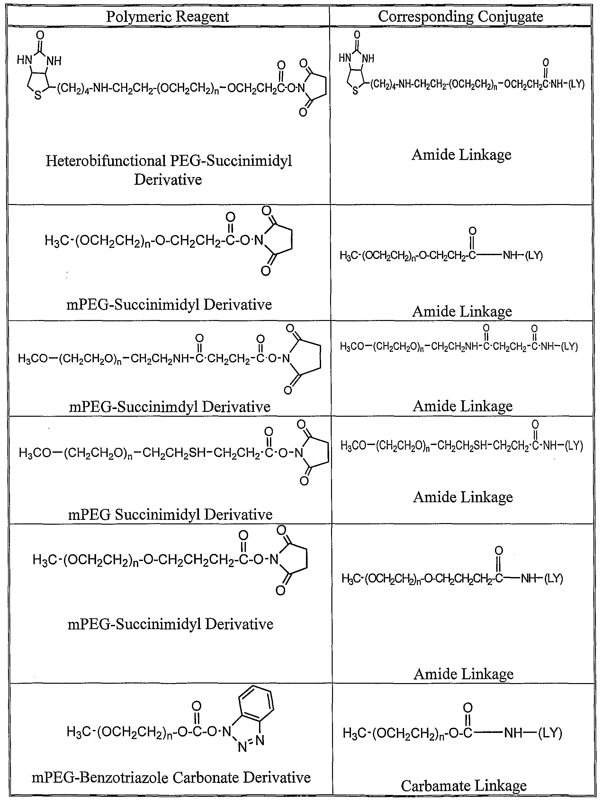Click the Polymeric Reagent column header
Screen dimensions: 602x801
click(x=167, y=17)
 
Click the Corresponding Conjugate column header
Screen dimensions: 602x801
click(x=460, y=17)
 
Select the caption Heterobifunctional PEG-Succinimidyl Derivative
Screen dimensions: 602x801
click(x=168, y=170)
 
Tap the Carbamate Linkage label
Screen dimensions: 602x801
click(x=464, y=786)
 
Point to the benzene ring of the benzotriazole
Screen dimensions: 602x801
click(x=256, y=705)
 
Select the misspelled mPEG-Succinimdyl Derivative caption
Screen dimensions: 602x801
click(x=169, y=406)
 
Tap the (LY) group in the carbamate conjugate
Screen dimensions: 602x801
click(x=550, y=733)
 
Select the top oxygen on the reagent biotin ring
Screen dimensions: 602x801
click(x=40, y=35)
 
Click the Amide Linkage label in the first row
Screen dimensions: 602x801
click(x=462, y=155)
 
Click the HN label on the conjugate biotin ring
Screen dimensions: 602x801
click(x=345, y=58)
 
